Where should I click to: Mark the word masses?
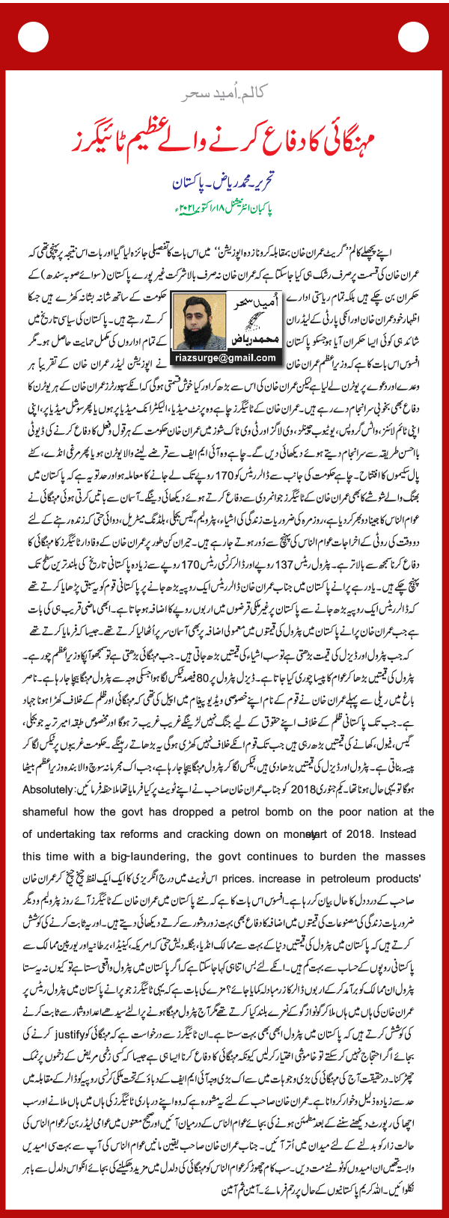[406, 857]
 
